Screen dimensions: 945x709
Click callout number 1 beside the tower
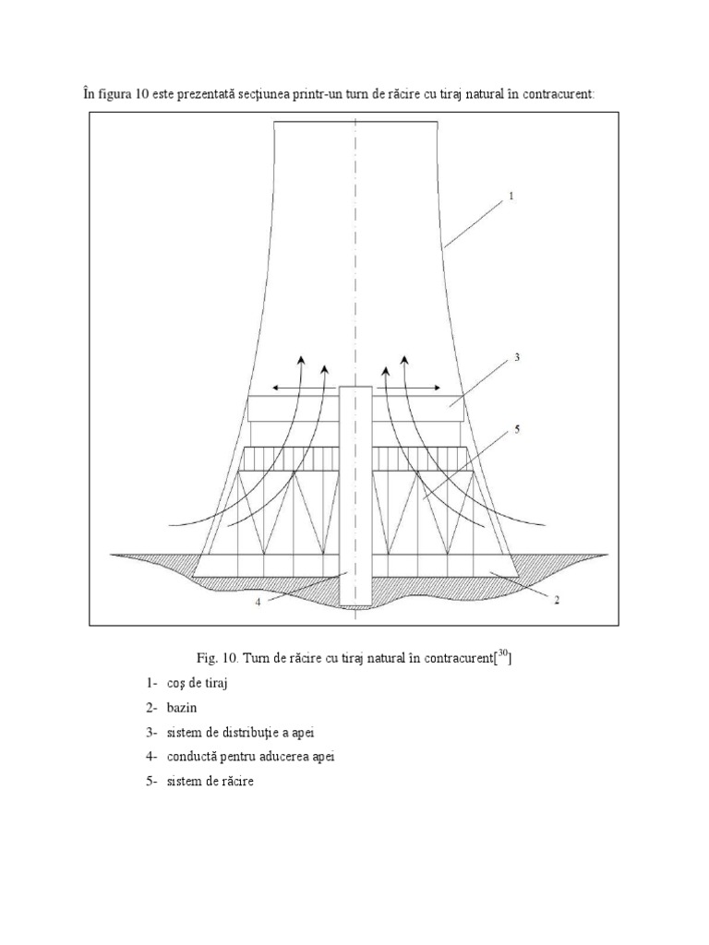coord(511,197)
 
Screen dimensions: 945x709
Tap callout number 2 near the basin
coord(557,599)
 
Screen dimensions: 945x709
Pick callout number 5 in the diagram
coord(518,429)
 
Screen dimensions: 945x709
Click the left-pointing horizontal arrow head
coord(276,389)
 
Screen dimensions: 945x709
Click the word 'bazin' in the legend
coord(184,708)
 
